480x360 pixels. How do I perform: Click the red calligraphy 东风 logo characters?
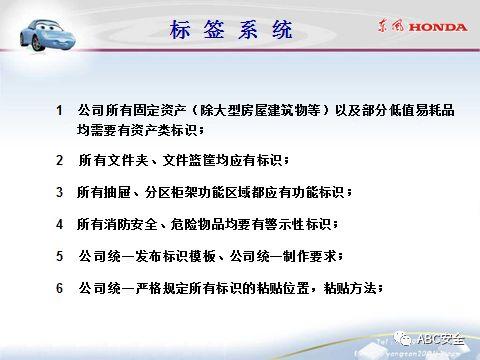pyautogui.click(x=385, y=29)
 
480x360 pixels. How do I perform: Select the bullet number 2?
pyautogui.click(x=60, y=160)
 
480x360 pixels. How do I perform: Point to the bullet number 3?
pyautogui.click(x=60, y=192)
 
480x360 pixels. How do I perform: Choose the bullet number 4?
pyautogui.click(x=60, y=224)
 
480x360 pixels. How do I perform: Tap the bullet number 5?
pyautogui.click(x=60, y=256)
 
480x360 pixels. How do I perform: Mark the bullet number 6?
pyautogui.click(x=60, y=288)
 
